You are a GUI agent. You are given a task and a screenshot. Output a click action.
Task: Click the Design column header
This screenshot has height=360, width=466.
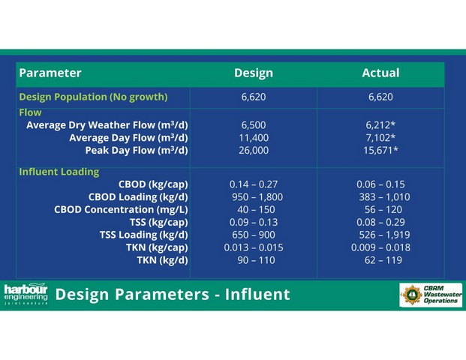[x=254, y=73]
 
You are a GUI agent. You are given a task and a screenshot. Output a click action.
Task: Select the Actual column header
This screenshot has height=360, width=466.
[x=380, y=73]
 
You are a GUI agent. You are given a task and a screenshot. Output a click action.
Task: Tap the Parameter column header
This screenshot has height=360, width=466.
[x=50, y=73]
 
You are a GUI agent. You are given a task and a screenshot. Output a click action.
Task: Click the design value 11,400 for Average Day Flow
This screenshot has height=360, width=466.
[x=254, y=138]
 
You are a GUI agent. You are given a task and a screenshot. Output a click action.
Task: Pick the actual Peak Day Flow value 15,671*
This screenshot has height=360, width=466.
[x=380, y=150]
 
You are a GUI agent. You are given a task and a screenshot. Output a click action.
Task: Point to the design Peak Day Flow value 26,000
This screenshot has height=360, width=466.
[x=254, y=150]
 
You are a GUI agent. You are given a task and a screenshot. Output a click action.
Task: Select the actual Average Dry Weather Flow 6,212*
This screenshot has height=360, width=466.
[x=380, y=125]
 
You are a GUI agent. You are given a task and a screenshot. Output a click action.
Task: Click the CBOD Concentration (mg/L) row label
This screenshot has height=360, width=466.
[x=121, y=210]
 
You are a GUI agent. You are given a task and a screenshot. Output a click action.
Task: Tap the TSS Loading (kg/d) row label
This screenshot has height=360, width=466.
[x=144, y=235]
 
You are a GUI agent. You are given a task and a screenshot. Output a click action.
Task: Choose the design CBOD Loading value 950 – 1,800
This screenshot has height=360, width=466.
[x=257, y=197]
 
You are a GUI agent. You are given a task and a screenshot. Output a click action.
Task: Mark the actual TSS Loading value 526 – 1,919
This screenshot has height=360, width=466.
[x=384, y=235]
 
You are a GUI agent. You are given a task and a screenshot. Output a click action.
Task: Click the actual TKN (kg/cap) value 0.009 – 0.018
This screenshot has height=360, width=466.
[x=380, y=247]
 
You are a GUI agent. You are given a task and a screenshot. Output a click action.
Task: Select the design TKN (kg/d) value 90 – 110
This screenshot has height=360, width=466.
[x=256, y=260]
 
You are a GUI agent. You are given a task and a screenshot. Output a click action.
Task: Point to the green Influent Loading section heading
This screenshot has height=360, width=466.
[x=59, y=172]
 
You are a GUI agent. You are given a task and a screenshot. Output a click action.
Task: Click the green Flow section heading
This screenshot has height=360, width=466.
[x=30, y=112]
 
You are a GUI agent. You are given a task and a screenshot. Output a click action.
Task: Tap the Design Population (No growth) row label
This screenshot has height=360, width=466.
[x=93, y=97]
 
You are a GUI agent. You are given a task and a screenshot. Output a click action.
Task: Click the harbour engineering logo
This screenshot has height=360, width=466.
[x=26, y=294]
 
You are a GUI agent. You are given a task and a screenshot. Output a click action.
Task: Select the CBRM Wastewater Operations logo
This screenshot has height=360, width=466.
[x=431, y=295]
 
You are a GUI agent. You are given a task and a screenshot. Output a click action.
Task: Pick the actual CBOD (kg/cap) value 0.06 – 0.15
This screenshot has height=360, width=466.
[x=380, y=184]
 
